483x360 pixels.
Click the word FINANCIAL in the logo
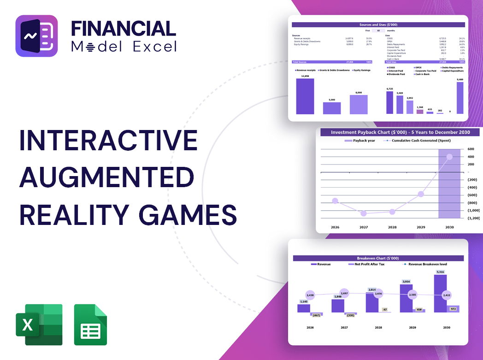tap(123, 28)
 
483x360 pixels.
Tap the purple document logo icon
tap(36, 36)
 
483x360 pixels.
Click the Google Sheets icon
tap(90, 325)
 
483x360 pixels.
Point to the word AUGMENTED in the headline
tap(106, 177)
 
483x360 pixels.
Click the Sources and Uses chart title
tap(378, 24)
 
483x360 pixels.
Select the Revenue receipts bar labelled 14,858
tap(305, 96)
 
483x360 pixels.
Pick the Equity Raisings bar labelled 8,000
tap(359, 104)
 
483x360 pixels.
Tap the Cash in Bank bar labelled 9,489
tap(460, 98)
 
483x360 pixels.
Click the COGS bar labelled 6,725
tap(389, 102)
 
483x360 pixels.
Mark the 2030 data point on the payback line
tap(449, 157)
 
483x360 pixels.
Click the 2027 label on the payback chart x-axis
tap(364, 227)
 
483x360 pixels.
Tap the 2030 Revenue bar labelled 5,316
tap(440, 293)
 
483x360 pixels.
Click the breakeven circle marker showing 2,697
tap(344, 293)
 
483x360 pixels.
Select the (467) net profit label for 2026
tap(316, 315)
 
